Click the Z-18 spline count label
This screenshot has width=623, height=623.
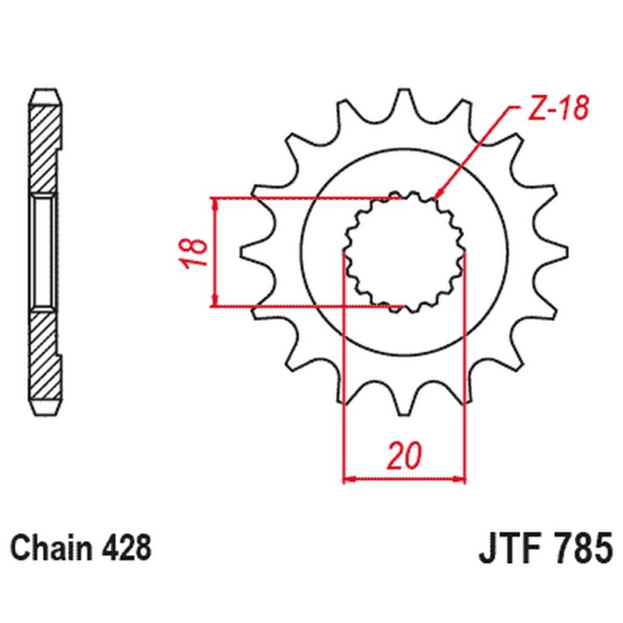pyautogui.click(x=554, y=111)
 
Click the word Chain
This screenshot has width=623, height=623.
pyautogui.click(x=49, y=547)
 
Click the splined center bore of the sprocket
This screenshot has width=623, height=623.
pyautogui.click(x=405, y=251)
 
